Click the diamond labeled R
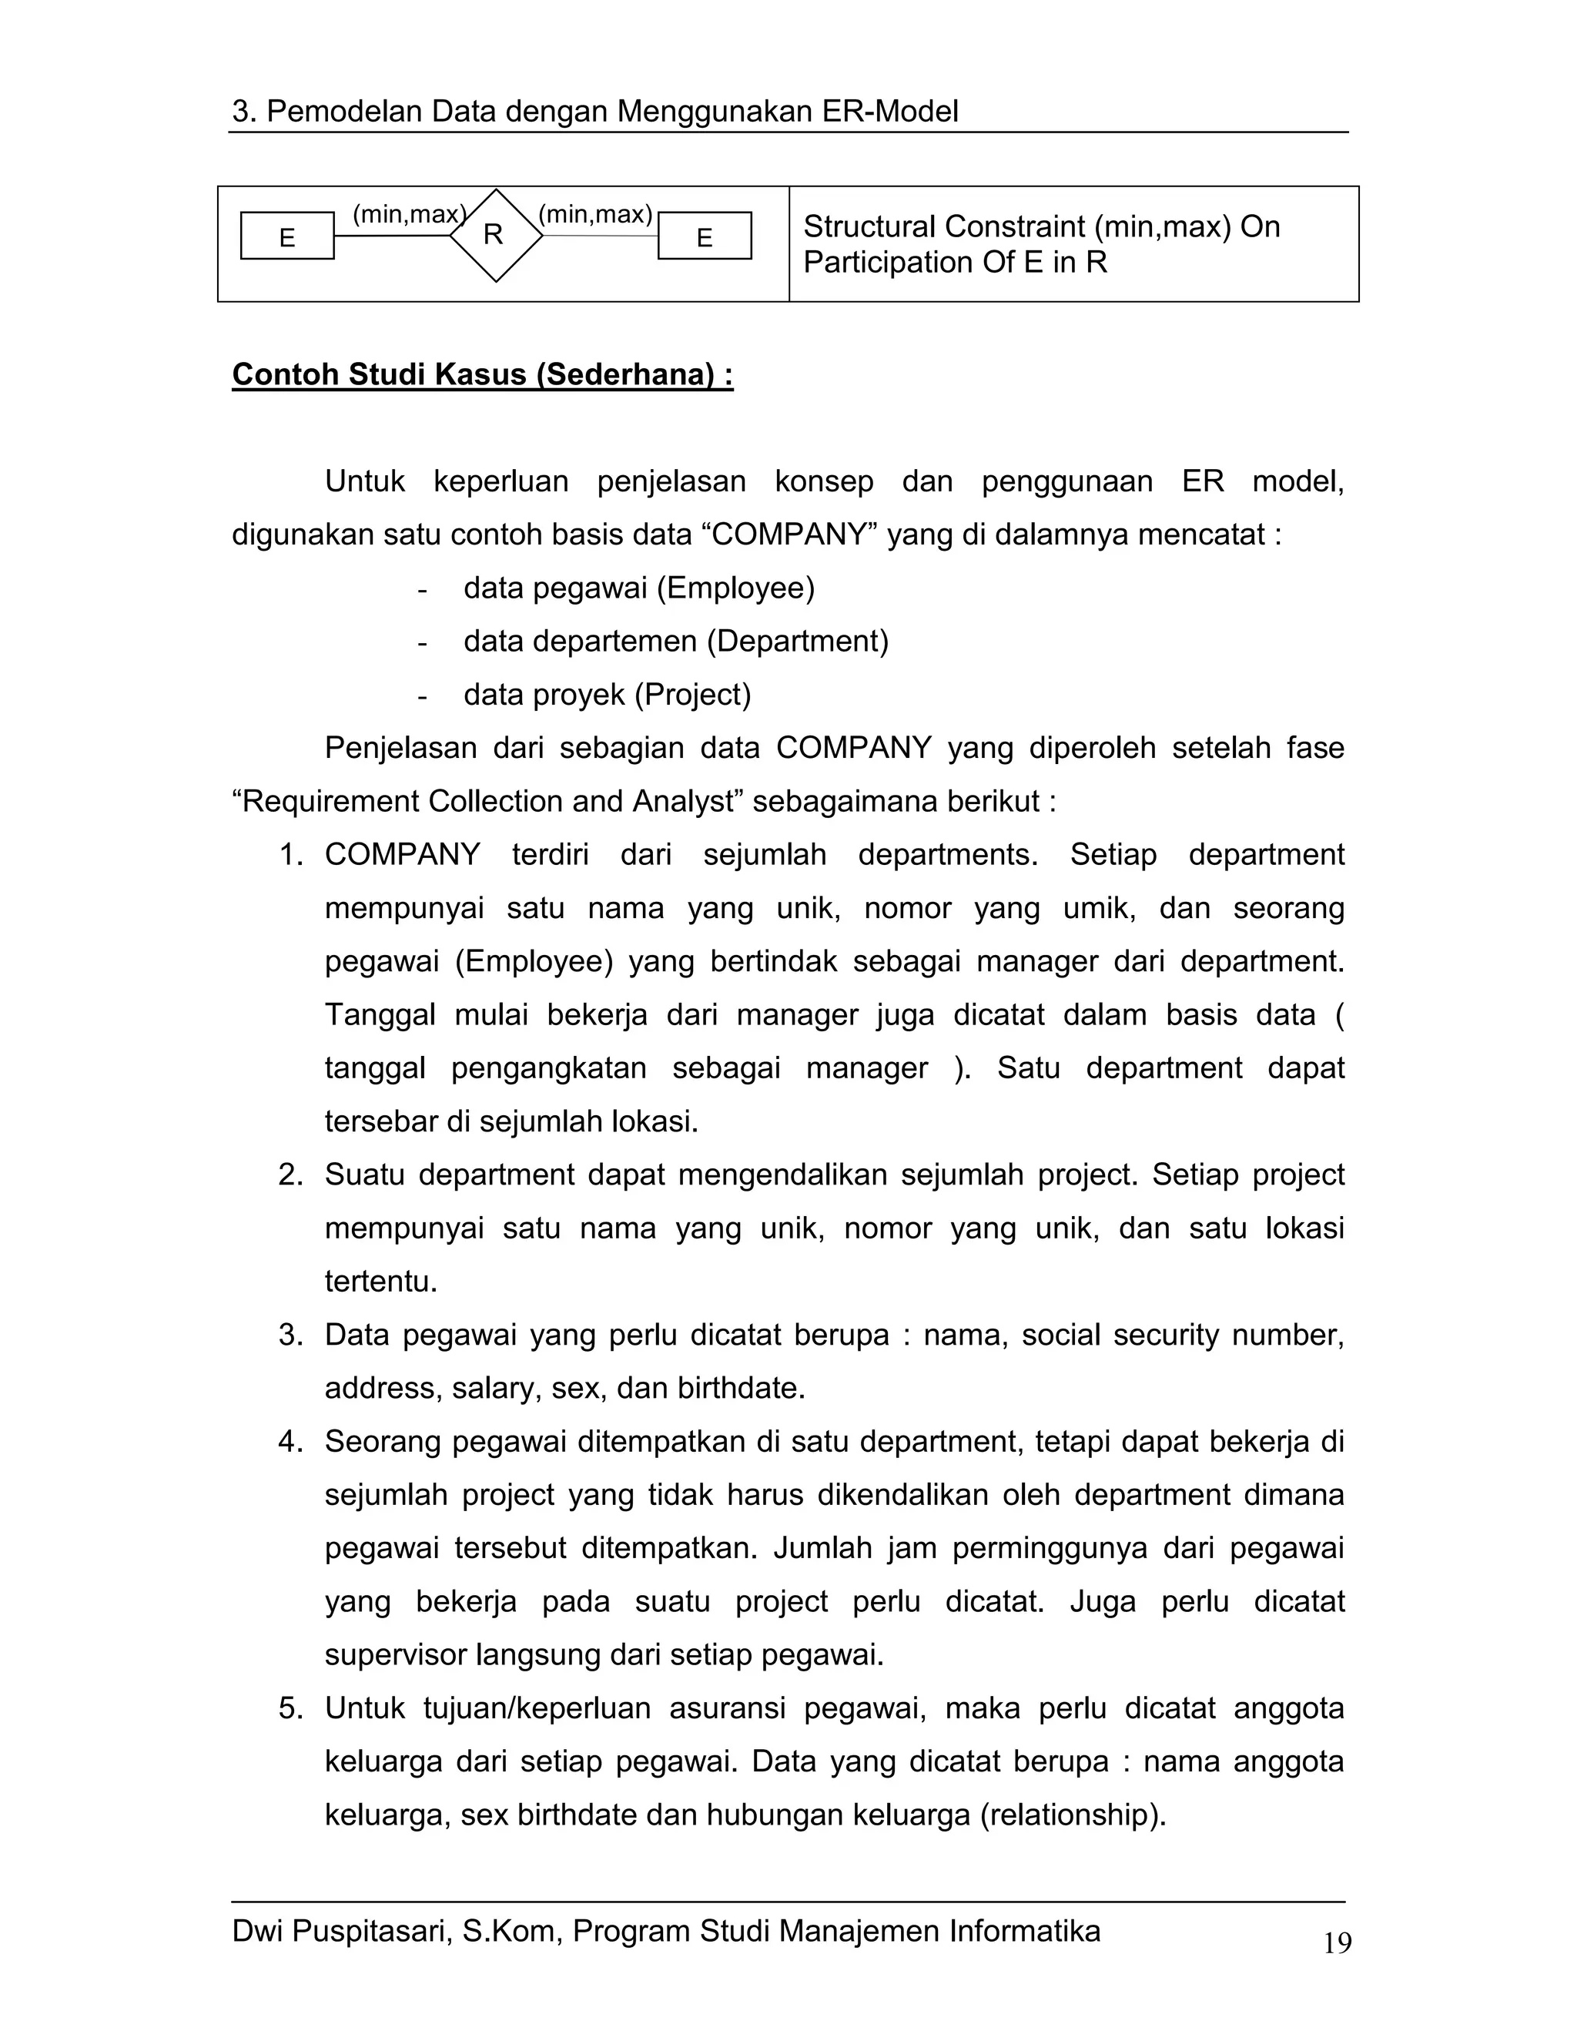coord(495,236)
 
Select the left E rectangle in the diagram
coord(286,236)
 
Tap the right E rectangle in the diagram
coord(705,236)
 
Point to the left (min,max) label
coord(408,214)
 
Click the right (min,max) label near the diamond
coord(595,214)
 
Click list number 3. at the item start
coord(290,1335)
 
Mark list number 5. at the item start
coord(290,1708)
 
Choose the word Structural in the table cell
coord(869,226)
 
